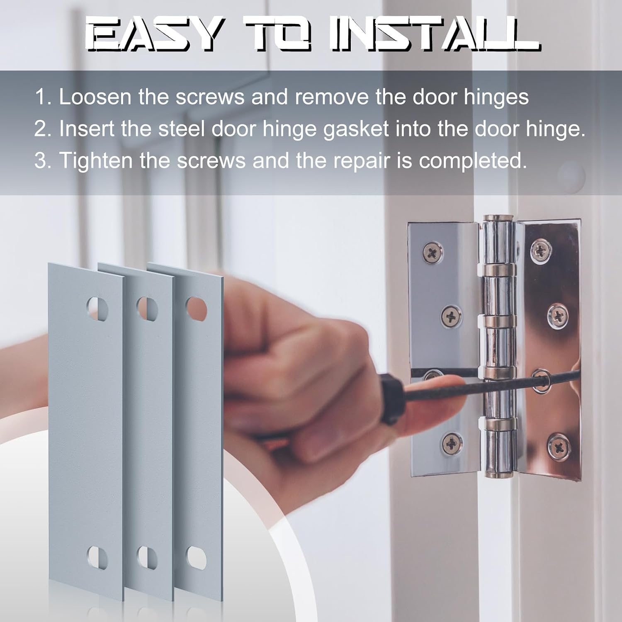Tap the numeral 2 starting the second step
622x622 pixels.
point(41,129)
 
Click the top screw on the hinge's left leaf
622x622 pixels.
point(433,252)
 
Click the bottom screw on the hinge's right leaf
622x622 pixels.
point(558,446)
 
